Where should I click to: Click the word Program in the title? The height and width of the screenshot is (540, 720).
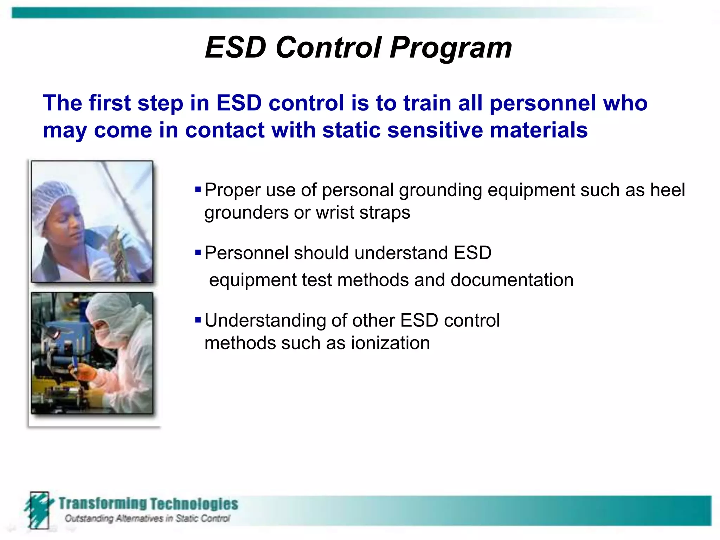[451, 48]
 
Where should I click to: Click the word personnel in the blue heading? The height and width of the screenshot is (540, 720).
[542, 103]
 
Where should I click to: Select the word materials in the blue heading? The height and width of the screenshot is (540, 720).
[539, 130]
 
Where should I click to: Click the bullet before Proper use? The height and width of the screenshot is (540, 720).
[198, 190]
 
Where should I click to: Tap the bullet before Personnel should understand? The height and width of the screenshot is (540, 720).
[198, 252]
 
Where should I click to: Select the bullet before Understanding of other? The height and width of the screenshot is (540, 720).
[198, 320]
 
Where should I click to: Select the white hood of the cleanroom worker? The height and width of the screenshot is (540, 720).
[112, 309]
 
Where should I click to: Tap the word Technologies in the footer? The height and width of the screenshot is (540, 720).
[194, 503]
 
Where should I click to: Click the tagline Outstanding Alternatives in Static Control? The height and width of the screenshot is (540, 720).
[147, 518]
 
